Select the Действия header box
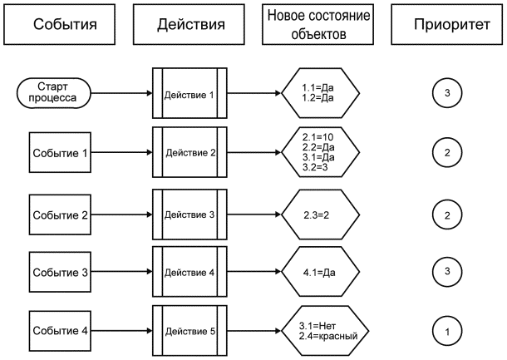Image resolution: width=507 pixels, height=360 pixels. pyautogui.click(x=190, y=24)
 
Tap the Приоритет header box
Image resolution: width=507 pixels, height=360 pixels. pyautogui.click(x=448, y=24)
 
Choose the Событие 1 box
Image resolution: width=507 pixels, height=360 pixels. pyautogui.click(x=60, y=153)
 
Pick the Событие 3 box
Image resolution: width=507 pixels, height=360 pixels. pyautogui.click(x=60, y=271)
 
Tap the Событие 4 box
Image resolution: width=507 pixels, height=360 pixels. pyautogui.click(x=60, y=332)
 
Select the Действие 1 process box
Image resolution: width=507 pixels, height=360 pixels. pyautogui.click(x=190, y=94)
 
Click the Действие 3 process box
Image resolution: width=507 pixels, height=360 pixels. pyautogui.click(x=190, y=214)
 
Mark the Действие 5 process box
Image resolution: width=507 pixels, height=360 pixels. pyautogui.click(x=190, y=332)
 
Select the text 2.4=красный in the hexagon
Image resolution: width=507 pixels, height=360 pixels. pyautogui.click(x=328, y=337)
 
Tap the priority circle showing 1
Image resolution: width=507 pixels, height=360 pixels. pyautogui.click(x=447, y=332)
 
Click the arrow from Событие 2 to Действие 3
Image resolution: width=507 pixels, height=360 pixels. pyautogui.click(x=121, y=214)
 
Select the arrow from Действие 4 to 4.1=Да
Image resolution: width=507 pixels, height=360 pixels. pyautogui.click(x=253, y=271)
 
